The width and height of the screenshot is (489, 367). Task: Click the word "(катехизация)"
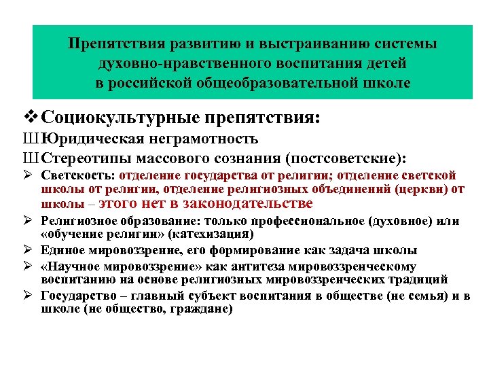[211, 234]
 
